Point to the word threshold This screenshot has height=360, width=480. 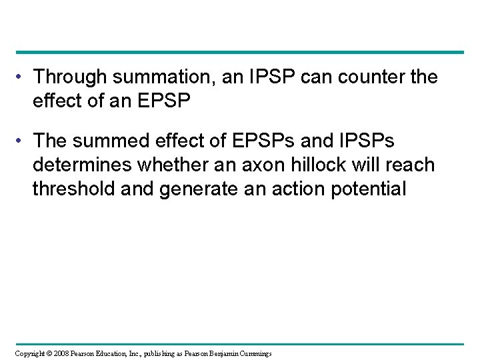click(73, 189)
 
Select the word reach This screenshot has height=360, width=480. click(411, 165)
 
